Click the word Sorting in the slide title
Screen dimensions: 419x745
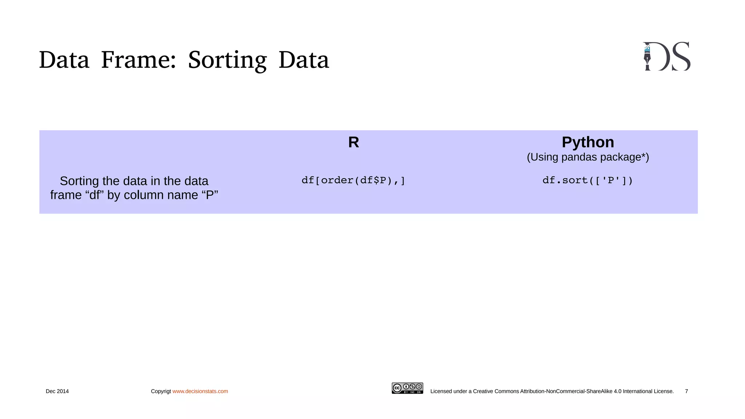[227, 60]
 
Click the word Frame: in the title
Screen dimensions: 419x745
[138, 60]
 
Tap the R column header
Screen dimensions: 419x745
[354, 142]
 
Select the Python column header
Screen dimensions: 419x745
[588, 142]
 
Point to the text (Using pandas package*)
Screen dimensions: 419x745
[588, 157]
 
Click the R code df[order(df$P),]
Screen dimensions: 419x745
[353, 180]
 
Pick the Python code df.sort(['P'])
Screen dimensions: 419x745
[587, 180]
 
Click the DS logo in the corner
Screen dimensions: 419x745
[666, 56]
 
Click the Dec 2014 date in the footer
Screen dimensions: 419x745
[57, 391]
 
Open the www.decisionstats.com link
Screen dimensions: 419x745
[200, 391]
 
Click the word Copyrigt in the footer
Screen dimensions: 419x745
[161, 391]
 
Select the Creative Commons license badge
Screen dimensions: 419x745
[407, 388]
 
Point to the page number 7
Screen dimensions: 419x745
[686, 391]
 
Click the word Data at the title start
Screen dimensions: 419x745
[64, 60]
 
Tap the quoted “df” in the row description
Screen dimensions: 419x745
[95, 195]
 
